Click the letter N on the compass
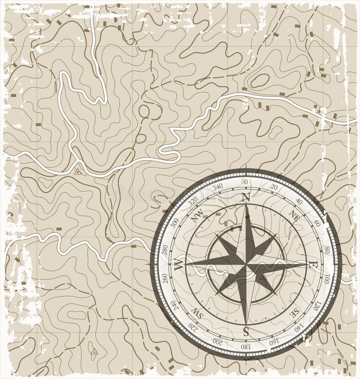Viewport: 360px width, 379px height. pyautogui.click(x=246, y=197)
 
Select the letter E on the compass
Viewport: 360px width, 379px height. pyautogui.click(x=314, y=264)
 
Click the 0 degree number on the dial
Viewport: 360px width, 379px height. pyautogui.click(x=246, y=181)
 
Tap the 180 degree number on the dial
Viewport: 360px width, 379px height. pyautogui.click(x=246, y=347)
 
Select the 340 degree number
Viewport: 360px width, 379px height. pyautogui.click(x=217, y=186)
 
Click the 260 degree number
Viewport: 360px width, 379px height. pyautogui.click(x=164, y=279)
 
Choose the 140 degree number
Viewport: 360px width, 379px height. pyautogui.click(x=299, y=328)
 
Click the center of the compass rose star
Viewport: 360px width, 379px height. pyautogui.click(x=246, y=265)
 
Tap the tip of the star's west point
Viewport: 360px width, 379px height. pyautogui.click(x=186, y=265)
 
